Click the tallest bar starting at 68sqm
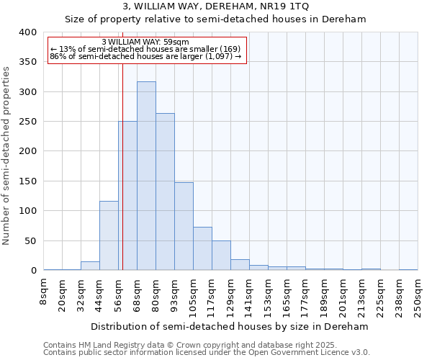pos(146,176)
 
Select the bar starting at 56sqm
pos(127,196)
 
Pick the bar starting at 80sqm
pos(165,192)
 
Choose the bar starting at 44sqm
pos(109,235)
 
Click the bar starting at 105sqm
pos(202,248)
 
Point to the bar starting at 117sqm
pos(221,256)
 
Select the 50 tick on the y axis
pos(31,240)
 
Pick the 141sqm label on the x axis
pos(249,295)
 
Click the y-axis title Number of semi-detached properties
pos(7,155)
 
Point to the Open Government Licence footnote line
pos(207,352)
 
